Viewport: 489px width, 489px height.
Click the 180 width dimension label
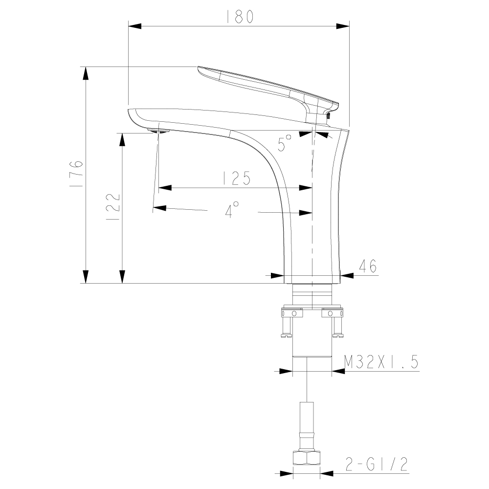240,17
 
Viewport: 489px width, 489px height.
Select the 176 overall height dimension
76,174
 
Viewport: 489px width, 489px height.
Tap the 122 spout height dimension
112,207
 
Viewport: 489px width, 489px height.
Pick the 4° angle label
232,210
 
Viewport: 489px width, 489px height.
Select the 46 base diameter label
367,266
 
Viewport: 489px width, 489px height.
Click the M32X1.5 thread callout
381,362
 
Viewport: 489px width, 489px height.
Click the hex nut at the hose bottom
307,458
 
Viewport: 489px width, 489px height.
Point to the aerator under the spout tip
158,131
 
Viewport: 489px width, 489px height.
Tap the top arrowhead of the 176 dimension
86,73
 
